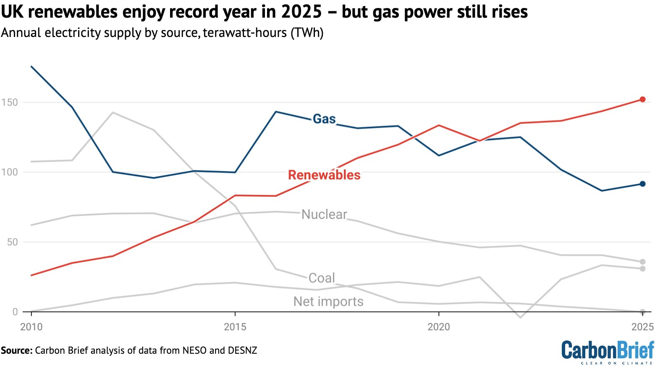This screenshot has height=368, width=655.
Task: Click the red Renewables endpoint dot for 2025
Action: point(642,100)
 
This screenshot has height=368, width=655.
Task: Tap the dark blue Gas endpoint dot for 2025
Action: point(642,184)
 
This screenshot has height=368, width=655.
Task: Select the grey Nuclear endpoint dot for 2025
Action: point(642,262)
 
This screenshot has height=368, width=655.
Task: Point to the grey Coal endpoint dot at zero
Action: point(642,312)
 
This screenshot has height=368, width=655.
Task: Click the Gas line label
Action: point(324,119)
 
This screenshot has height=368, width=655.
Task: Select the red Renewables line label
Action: point(324,175)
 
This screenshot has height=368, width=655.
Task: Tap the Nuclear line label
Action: point(324,215)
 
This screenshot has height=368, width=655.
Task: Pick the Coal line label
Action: point(322,278)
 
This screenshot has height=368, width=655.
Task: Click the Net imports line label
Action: point(328,302)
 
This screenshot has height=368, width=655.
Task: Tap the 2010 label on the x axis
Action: point(31,327)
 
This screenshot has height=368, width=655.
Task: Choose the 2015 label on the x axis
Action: point(235,327)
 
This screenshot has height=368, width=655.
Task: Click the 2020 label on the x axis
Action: point(438,327)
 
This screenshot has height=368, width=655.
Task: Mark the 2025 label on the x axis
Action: point(642,327)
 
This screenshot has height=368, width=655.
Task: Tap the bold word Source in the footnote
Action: point(16,350)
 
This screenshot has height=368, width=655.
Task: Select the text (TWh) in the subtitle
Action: point(307,33)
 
